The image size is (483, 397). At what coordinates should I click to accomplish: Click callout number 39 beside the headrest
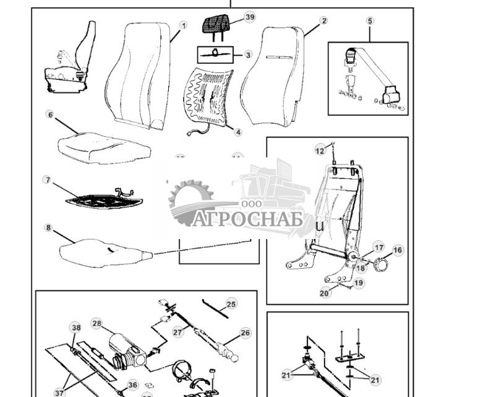tap(249, 17)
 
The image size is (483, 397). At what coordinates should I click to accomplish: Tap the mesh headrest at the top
tap(218, 25)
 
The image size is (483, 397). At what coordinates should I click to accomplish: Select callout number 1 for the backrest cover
tap(183, 25)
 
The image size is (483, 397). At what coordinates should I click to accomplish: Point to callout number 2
tap(323, 20)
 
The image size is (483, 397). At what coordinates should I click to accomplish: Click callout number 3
tap(248, 55)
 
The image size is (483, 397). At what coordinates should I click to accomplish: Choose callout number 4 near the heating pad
tap(238, 132)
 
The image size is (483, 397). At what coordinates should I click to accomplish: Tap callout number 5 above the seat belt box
tap(370, 20)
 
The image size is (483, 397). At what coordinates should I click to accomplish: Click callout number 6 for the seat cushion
tap(49, 115)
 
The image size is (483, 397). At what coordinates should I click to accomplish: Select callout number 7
tap(47, 180)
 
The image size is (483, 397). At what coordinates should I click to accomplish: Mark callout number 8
tap(48, 227)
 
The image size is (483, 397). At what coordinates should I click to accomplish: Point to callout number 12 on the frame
tap(320, 150)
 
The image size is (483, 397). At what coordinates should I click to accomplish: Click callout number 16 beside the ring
tap(397, 250)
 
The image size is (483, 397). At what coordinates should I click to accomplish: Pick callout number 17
tap(378, 247)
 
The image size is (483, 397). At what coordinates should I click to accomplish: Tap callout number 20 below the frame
tap(325, 293)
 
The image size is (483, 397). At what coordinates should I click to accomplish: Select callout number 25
tap(231, 303)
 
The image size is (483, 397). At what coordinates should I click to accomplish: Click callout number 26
tap(245, 333)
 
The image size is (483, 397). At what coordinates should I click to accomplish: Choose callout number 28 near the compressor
tap(96, 323)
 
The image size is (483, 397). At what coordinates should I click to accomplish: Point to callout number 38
tap(75, 328)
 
